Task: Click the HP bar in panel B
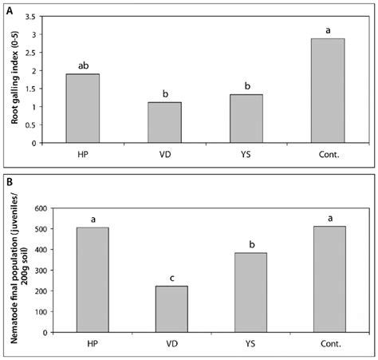pos(93,280)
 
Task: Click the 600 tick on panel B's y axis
pos(36,209)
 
